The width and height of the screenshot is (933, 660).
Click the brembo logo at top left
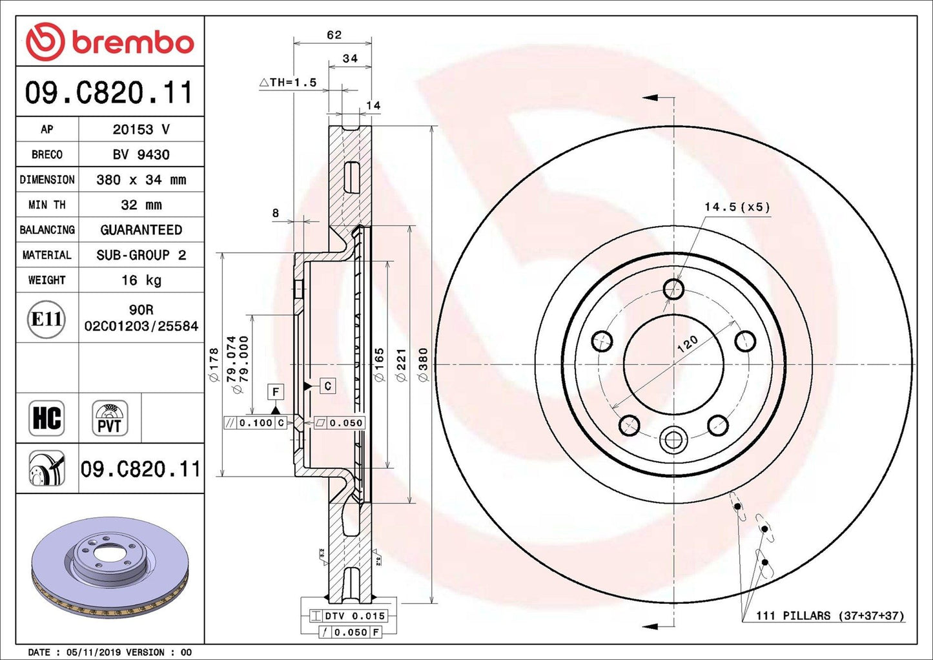pos(110,41)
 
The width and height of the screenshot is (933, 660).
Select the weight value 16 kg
pos(141,280)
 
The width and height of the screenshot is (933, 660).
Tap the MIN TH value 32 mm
pos(141,205)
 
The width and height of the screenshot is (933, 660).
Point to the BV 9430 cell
pos(141,154)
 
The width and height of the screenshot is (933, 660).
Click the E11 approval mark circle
pos(46,319)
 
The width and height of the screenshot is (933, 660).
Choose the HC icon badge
pos(46,418)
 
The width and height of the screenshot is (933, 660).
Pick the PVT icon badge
pos(110,418)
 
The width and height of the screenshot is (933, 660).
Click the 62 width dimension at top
pos(334,35)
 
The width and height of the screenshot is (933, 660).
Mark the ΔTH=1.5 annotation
pos(288,83)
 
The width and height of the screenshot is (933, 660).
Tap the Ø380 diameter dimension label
pos(423,365)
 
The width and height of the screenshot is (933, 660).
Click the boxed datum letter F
pos(276,392)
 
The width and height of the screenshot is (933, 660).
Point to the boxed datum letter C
pos(327,386)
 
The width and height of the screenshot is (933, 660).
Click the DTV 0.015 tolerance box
pos(349,615)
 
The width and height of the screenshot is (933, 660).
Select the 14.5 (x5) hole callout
pos(737,207)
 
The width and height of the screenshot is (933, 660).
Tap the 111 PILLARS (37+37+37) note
pos(830,615)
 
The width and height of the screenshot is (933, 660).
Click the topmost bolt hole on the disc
pos(673,289)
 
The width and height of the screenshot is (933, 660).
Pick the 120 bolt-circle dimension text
pos(687,344)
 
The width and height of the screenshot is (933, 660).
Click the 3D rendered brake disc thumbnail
pos(110,568)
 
